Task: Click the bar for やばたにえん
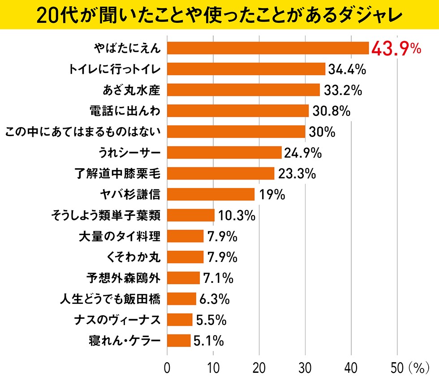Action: click(x=268, y=48)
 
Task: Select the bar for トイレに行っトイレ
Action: click(x=246, y=69)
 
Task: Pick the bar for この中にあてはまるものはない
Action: click(x=236, y=132)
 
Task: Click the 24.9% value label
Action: click(x=302, y=153)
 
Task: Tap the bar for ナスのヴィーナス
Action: click(x=180, y=320)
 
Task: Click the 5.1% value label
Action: click(x=208, y=341)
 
